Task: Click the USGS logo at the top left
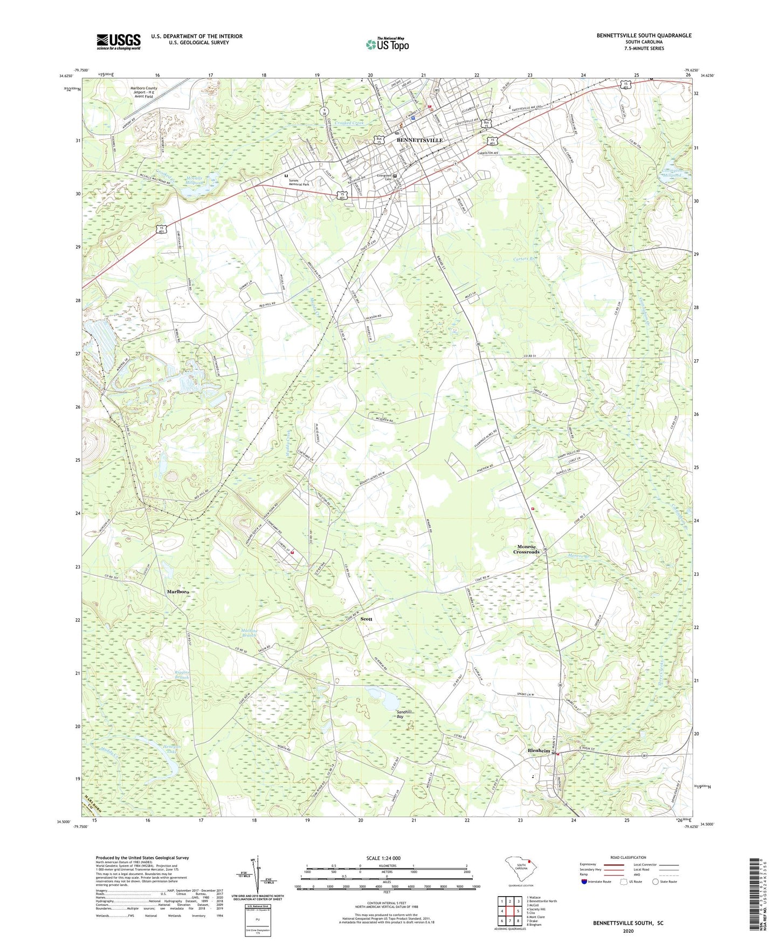tap(119, 42)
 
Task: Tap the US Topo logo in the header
tap(387, 45)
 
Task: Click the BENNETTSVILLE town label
tap(419, 140)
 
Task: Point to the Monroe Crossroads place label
tap(526, 550)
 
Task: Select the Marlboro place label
tap(177, 592)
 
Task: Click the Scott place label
tap(367, 619)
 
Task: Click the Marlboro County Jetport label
tap(143, 92)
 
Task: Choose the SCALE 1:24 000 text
tap(383, 858)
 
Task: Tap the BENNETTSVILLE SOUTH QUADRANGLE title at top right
tap(644, 36)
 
